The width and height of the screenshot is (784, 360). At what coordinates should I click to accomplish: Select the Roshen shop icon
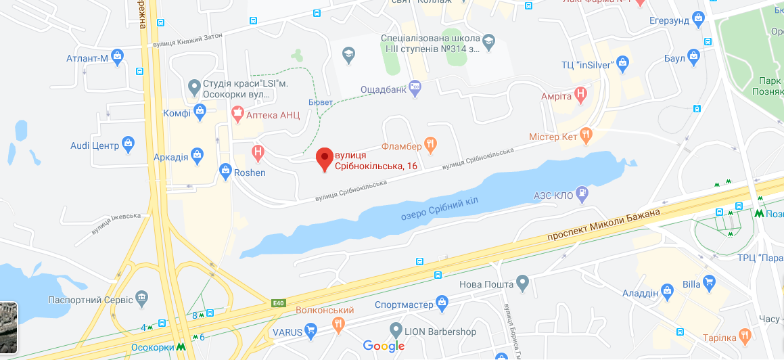226,173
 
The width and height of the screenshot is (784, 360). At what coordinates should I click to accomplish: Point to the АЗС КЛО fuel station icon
582,194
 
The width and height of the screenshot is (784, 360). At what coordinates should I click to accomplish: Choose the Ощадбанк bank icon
415,85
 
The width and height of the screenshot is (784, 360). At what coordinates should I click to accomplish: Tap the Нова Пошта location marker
522,282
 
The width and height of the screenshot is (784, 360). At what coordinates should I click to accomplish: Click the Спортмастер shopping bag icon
442,301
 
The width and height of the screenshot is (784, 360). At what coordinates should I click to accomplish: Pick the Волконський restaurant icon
338,324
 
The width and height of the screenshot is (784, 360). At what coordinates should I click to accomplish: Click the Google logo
384,346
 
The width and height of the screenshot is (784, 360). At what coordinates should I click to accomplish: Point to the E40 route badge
278,303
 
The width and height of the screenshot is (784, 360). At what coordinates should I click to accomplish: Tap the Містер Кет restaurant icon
586,135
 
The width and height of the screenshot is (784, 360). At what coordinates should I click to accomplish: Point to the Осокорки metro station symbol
181,347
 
